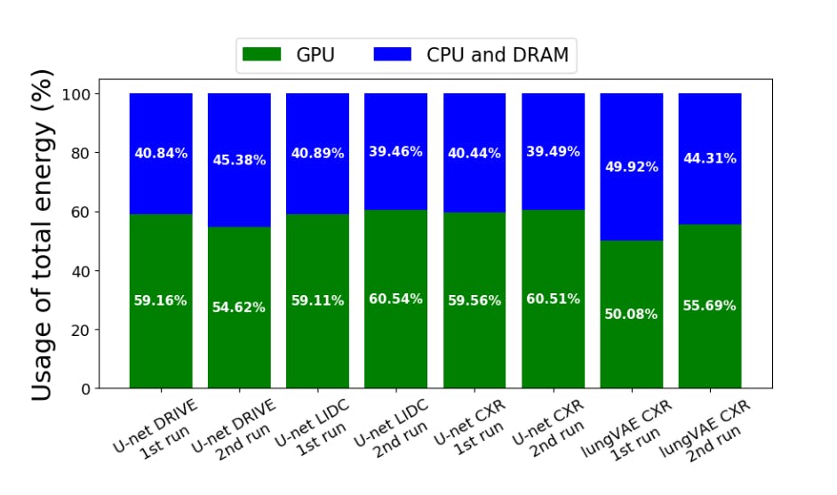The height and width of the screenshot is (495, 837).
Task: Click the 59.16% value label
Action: tap(161, 300)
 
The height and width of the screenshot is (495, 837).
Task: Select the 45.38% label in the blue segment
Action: tap(239, 160)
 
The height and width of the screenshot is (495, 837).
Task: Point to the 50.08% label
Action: tap(631, 314)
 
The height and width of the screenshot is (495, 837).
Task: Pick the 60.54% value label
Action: tap(395, 299)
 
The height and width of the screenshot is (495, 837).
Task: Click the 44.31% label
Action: tap(709, 158)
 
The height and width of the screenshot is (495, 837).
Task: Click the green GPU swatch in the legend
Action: tap(262, 54)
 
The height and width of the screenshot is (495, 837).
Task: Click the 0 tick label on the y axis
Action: tap(85, 389)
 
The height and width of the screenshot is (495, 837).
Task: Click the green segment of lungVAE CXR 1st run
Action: tap(631, 355)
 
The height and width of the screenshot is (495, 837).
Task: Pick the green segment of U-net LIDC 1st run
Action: tap(317, 347)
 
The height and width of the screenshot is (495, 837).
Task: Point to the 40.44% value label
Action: tap(474, 153)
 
